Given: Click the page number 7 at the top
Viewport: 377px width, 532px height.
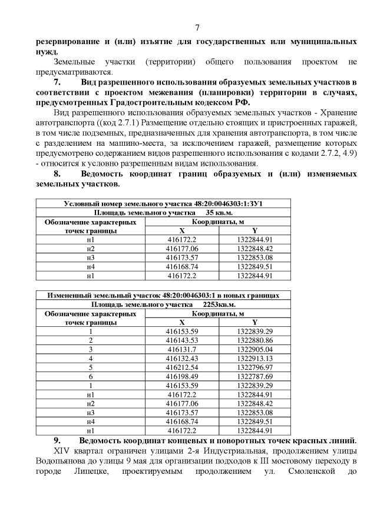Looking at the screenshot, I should click(197, 28).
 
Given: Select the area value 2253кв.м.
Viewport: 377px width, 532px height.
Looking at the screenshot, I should click(219, 305).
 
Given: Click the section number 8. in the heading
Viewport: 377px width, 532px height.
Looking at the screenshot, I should click(57, 175).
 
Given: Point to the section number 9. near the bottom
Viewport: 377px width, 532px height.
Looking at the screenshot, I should click(57, 441).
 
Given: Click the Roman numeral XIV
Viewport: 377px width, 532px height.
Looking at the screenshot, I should click(63, 451).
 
